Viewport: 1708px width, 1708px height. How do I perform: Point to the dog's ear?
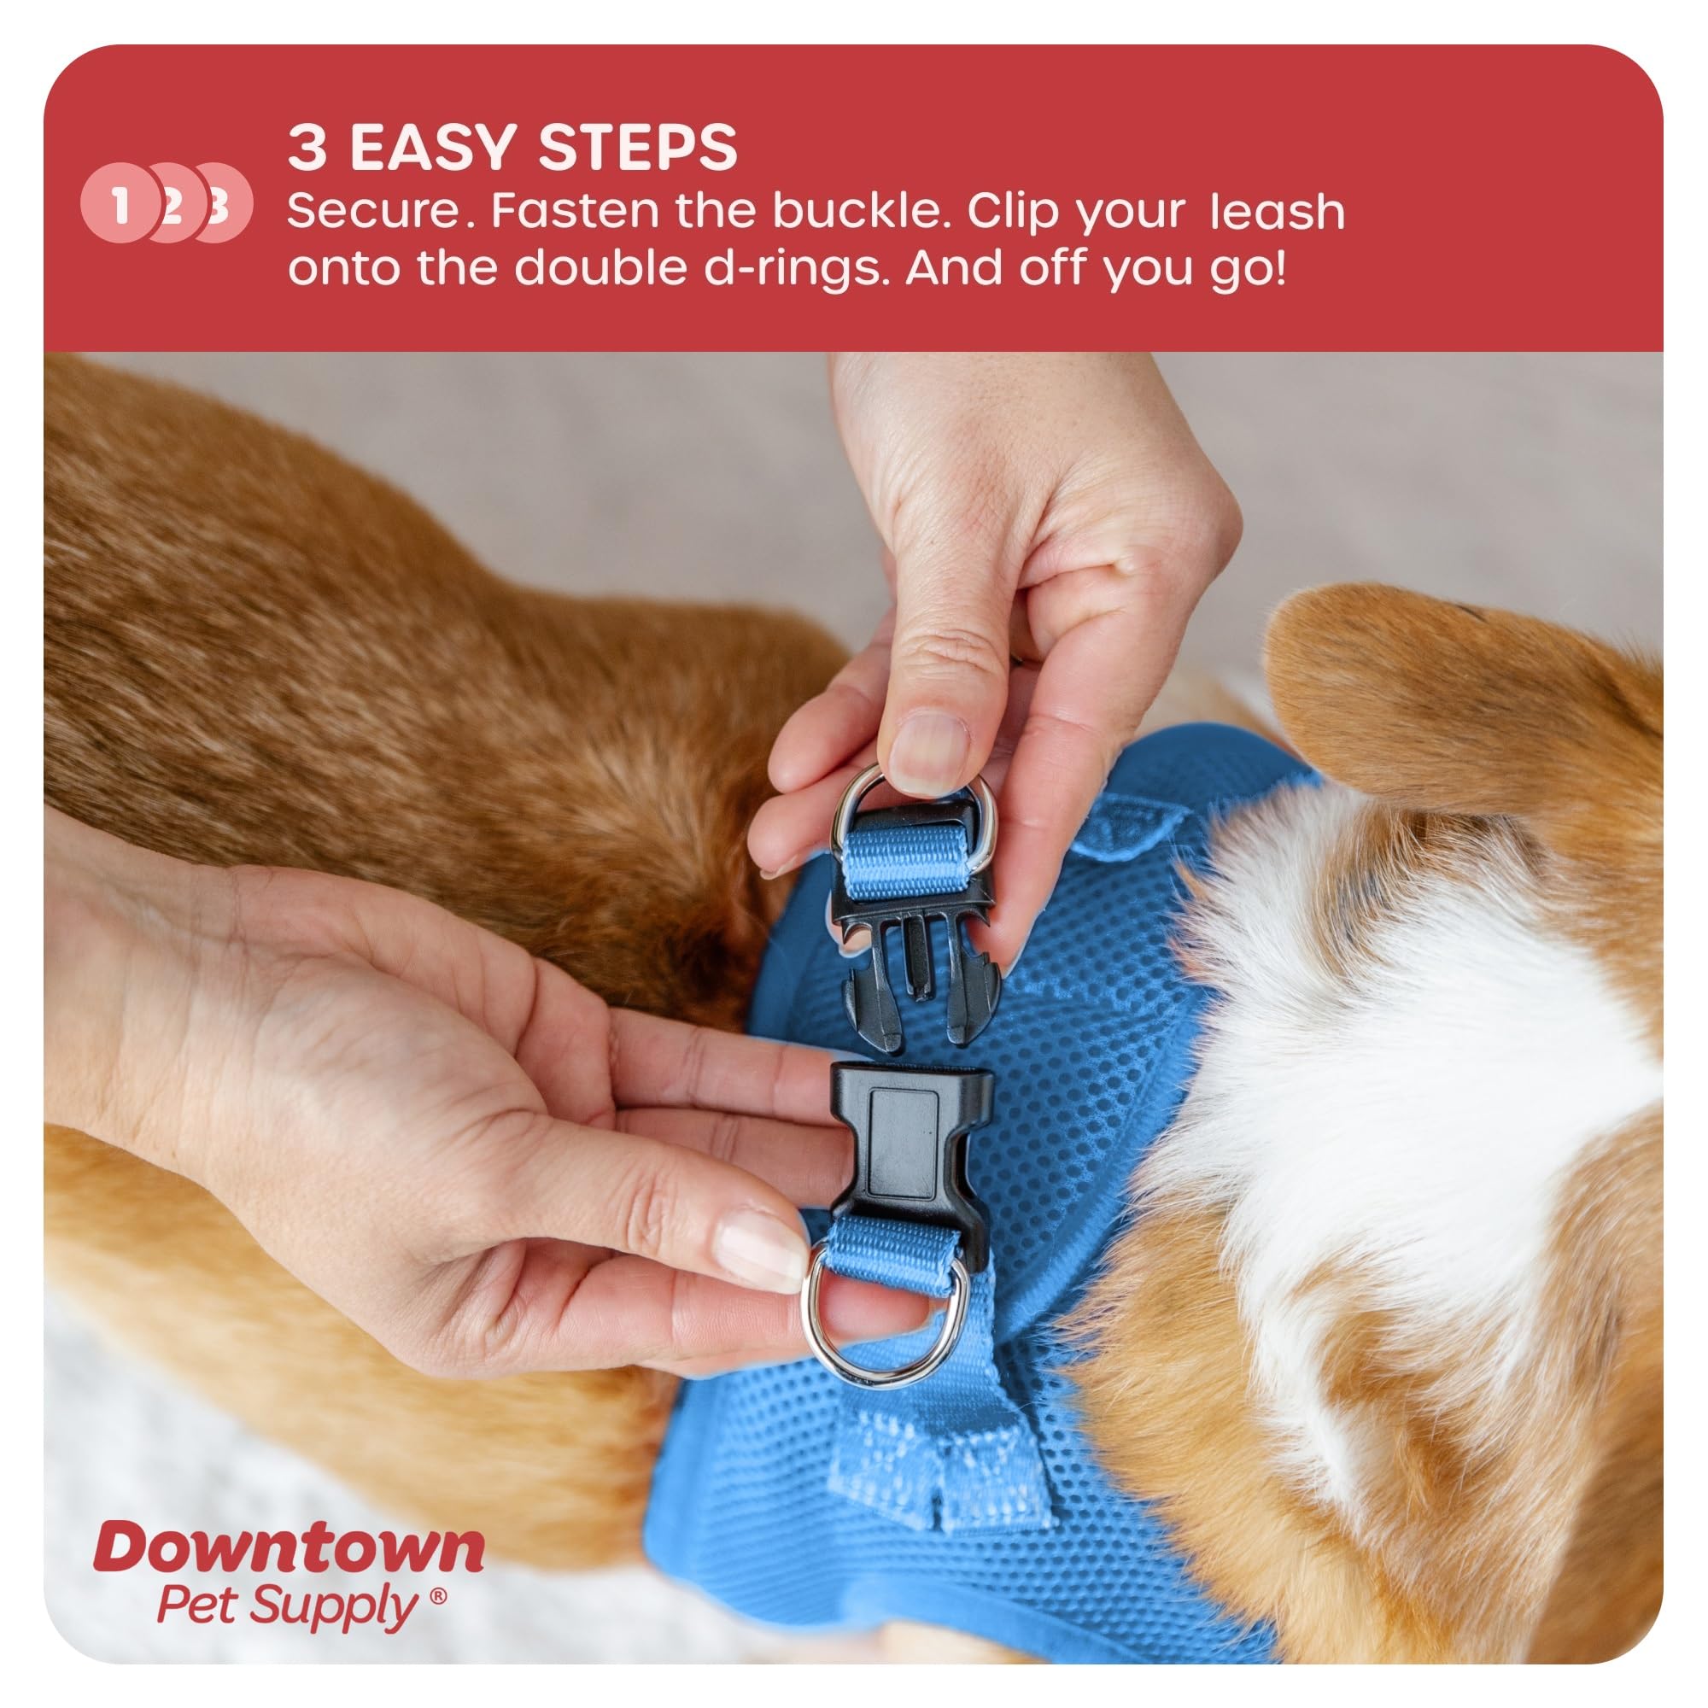pyautogui.click(x=1432, y=707)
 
